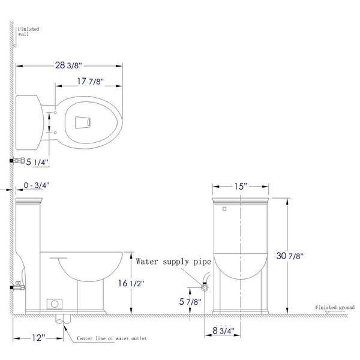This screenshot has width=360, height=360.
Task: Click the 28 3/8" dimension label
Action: (x=68, y=65)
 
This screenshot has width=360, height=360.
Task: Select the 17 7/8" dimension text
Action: (x=90, y=81)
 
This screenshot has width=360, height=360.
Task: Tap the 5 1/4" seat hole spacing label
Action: (x=37, y=162)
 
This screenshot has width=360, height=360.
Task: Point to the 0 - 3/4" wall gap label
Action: (x=37, y=185)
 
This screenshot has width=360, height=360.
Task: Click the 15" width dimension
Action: (x=241, y=186)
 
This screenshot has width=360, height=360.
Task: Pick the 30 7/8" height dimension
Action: (x=290, y=256)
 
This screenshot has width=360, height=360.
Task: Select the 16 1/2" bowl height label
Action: (x=131, y=283)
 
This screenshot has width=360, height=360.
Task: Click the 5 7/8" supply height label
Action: (x=190, y=302)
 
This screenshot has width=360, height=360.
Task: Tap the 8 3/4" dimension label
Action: (x=223, y=331)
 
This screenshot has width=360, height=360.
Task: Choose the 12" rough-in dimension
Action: (x=38, y=338)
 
